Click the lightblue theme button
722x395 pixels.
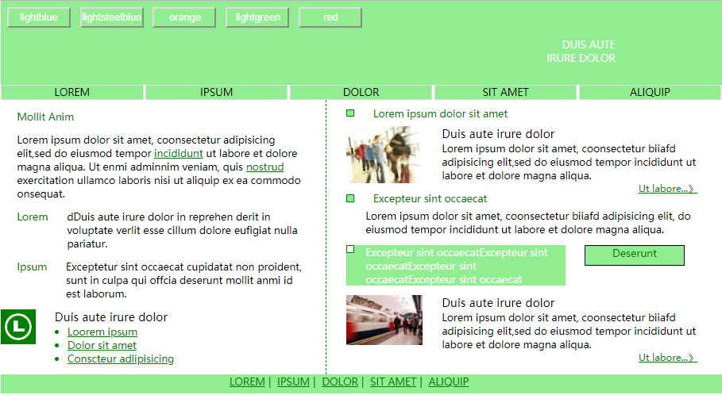[39, 17]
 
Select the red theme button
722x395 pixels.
[330, 17]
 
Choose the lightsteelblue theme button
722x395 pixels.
[112, 17]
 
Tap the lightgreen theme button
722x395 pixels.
[257, 17]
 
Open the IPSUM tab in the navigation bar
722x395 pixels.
[216, 92]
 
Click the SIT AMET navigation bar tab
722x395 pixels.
[505, 92]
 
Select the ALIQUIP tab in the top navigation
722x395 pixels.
[650, 92]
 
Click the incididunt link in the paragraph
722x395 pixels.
[178, 154]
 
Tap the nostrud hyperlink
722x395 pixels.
[264, 167]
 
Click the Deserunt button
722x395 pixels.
[635, 255]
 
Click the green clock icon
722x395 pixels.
[18, 327]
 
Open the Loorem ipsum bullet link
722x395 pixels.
[102, 332]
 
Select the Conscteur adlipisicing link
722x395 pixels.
[121, 359]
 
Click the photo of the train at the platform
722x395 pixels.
[384, 320]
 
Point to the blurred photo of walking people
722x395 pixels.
[384, 155]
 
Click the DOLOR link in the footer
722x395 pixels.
[340, 382]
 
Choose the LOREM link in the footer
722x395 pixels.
[247, 382]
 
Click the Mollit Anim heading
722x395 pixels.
[45, 117]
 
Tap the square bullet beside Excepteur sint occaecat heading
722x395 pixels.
[350, 198]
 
